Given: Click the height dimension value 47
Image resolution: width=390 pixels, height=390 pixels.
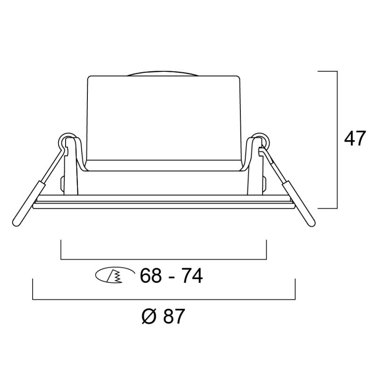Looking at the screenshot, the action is [355, 138].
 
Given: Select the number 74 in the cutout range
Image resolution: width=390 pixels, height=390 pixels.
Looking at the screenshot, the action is [192, 276].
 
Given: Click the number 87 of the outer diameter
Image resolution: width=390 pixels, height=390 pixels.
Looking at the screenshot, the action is [174, 316].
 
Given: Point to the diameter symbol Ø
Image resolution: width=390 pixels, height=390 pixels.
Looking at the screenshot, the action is [149, 316].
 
